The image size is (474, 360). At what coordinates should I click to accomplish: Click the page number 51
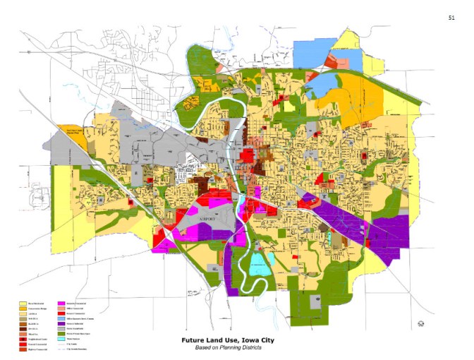451,17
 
